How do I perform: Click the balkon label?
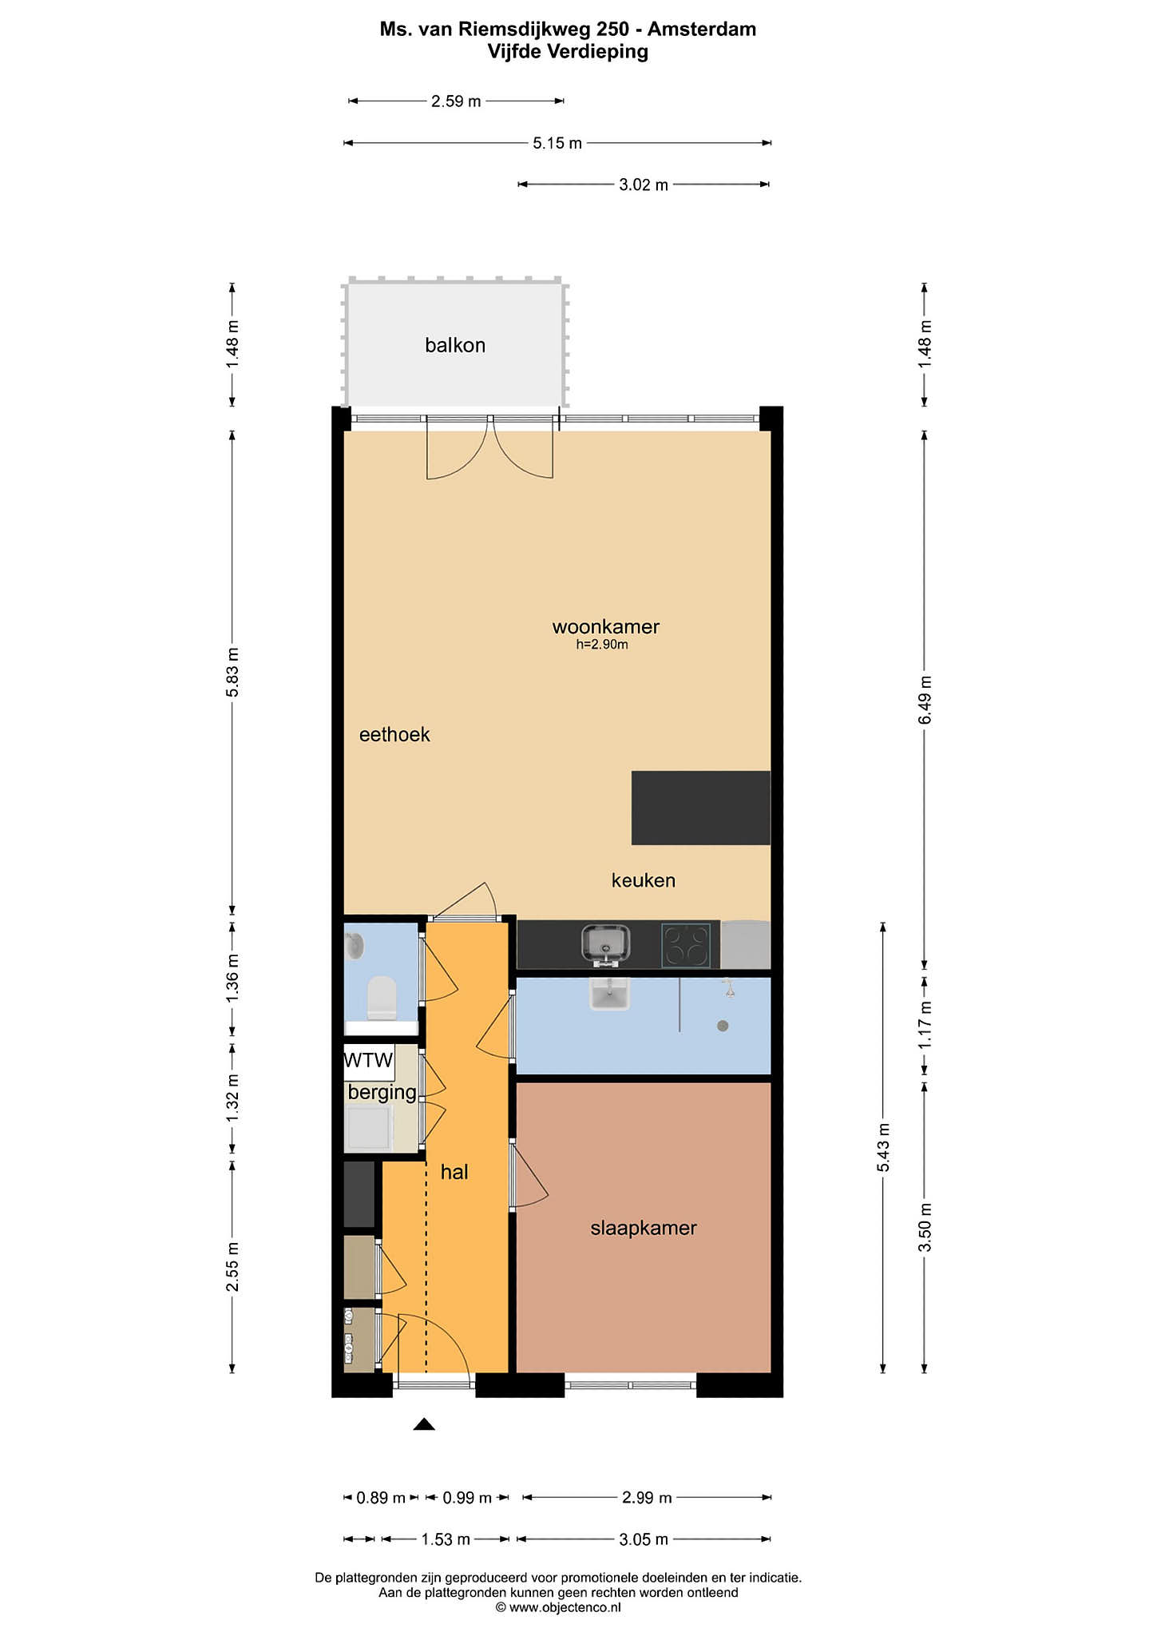tap(455, 345)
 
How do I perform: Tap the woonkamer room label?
tap(606, 627)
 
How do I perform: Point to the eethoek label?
tap(394, 735)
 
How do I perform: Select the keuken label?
tap(644, 880)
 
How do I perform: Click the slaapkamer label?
tap(644, 1228)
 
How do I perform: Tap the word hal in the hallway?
tap(454, 1172)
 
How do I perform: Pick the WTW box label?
tap(368, 1060)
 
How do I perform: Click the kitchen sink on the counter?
tap(605, 945)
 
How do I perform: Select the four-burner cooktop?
tap(686, 945)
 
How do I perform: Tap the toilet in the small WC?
tap(382, 998)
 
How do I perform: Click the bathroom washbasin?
tap(609, 994)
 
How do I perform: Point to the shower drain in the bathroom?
tap(723, 1026)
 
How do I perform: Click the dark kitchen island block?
tap(701, 808)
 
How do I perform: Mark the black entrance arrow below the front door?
tap(424, 1424)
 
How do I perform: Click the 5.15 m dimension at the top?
tap(557, 143)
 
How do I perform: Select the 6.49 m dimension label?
tap(925, 701)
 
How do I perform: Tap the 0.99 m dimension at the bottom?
tap(467, 1498)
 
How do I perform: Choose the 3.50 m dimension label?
tap(925, 1228)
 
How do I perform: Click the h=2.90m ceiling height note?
tap(602, 645)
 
